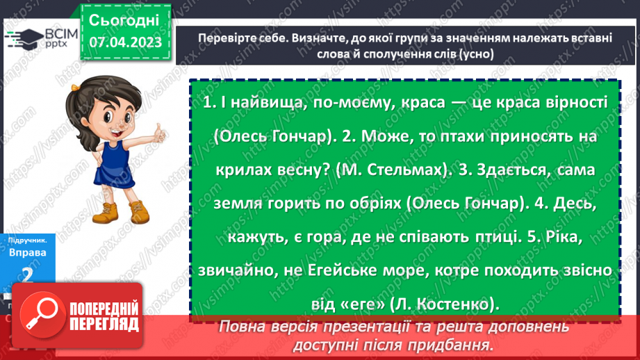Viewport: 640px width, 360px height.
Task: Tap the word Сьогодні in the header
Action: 125,19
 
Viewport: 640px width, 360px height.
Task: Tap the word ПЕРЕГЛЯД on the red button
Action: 103,324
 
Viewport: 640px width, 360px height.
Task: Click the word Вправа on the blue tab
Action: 28,252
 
